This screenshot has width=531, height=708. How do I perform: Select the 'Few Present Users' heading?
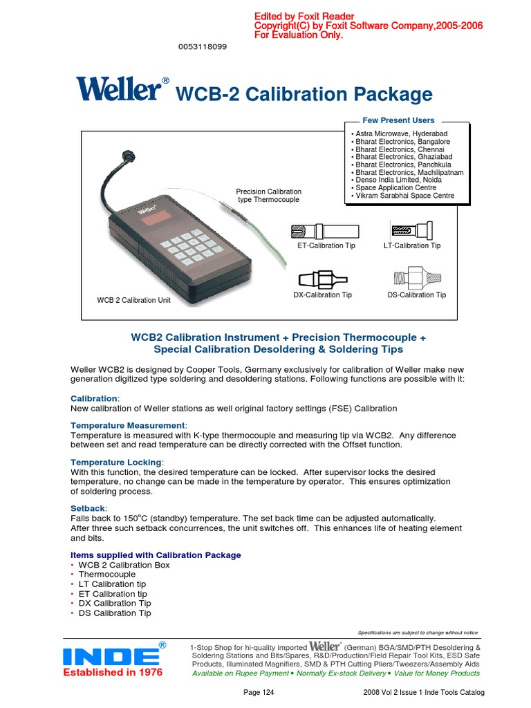coord(399,120)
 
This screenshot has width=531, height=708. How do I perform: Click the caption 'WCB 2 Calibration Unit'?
coord(133,300)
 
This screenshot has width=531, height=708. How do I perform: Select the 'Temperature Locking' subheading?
coord(118,461)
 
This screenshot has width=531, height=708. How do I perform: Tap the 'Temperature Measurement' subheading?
coord(129,425)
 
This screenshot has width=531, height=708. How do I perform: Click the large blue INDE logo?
coord(112,656)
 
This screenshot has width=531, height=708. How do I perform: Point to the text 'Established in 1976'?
coord(113,673)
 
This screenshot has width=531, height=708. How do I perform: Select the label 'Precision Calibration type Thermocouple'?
coord(269,195)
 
